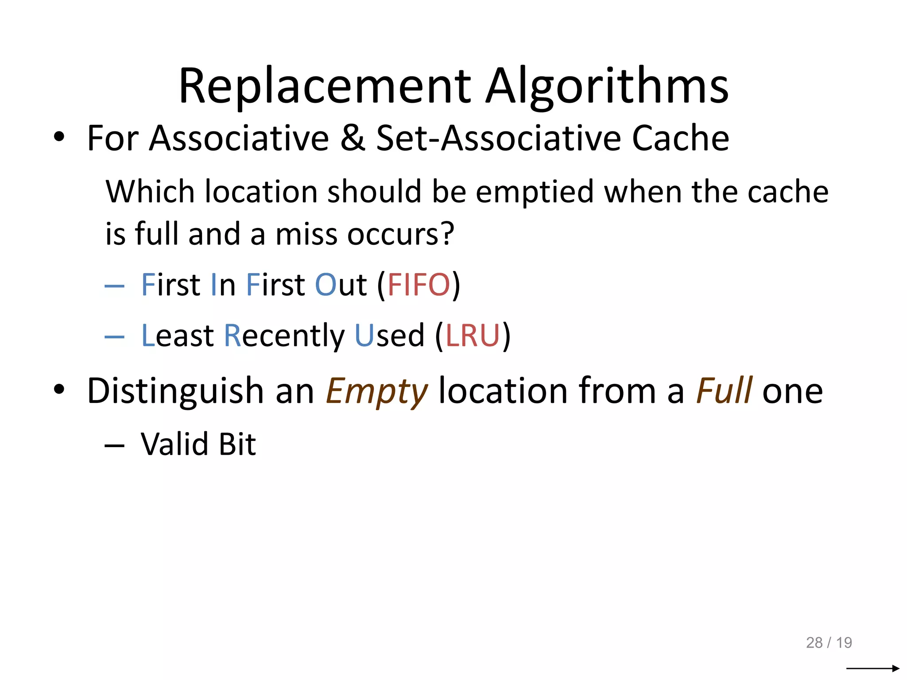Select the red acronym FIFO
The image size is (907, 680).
click(419, 285)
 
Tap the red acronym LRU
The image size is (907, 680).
click(473, 336)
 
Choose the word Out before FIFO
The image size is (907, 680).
click(341, 285)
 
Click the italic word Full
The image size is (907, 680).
click(724, 390)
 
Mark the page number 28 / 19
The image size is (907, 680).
click(829, 642)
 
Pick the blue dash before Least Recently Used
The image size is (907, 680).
click(114, 337)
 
